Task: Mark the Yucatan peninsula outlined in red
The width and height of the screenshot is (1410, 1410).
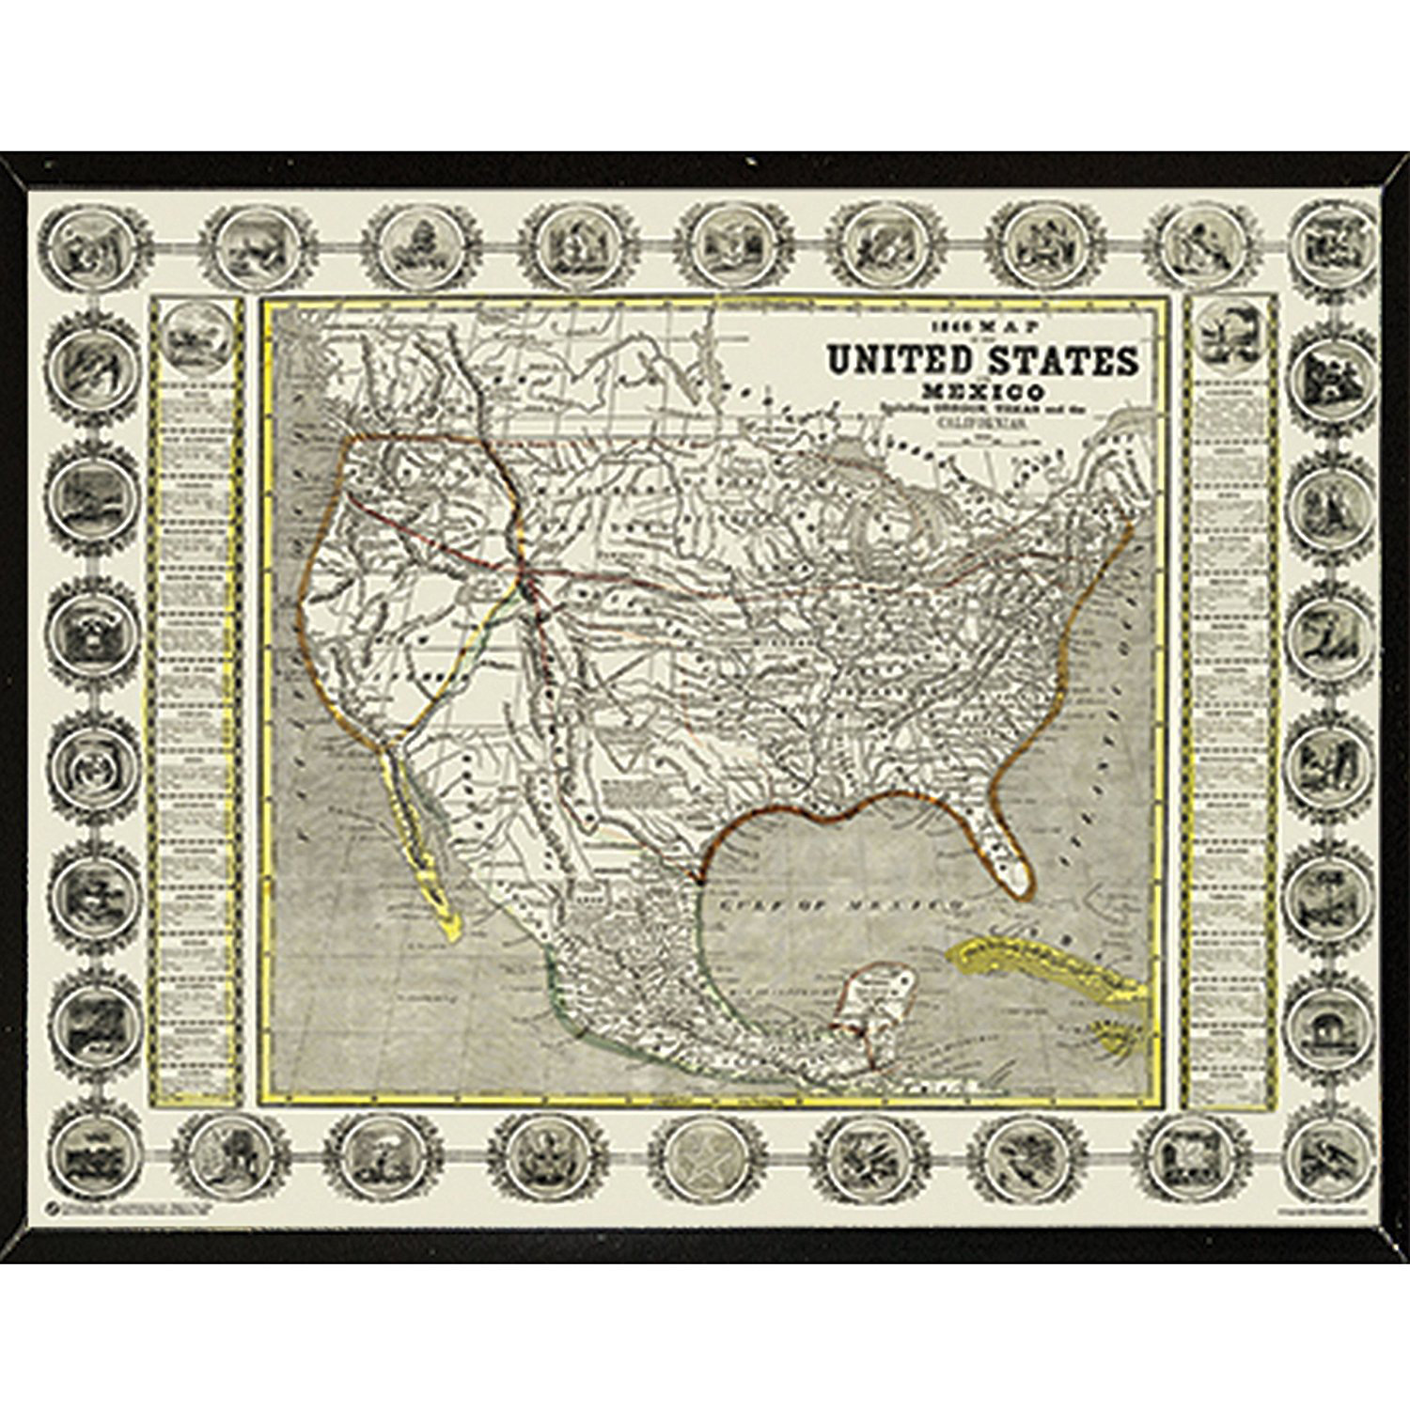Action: tap(874, 1010)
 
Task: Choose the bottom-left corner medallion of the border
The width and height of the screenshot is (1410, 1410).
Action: tap(88, 1155)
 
